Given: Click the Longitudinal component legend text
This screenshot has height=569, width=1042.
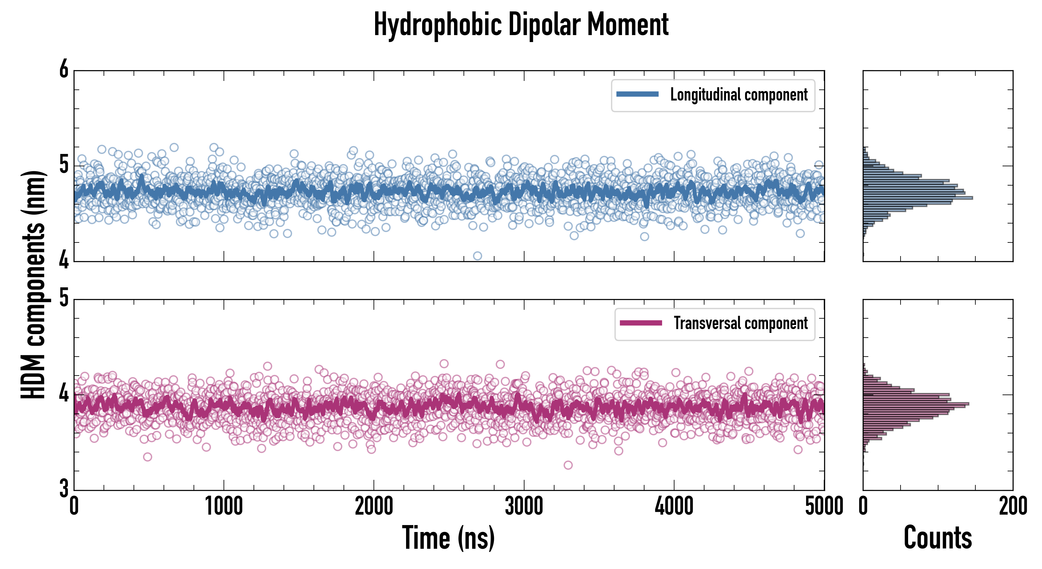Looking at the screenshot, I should [x=739, y=95].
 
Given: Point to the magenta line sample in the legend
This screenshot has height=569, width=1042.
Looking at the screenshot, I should [x=641, y=323].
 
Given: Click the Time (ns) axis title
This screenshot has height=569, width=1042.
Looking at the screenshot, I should [x=448, y=537].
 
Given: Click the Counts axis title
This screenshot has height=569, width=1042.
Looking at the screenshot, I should [x=937, y=537].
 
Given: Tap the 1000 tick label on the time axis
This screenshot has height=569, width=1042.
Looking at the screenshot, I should [x=224, y=506].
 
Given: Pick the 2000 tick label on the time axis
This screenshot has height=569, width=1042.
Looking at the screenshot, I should [x=374, y=506].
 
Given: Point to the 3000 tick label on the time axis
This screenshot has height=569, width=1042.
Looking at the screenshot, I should [x=524, y=506].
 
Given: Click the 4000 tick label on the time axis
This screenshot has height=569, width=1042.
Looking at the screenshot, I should [x=674, y=506].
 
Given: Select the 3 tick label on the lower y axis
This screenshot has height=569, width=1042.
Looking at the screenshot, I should [x=64, y=488].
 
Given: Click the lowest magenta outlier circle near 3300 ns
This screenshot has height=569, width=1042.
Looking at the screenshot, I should [x=568, y=465].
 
